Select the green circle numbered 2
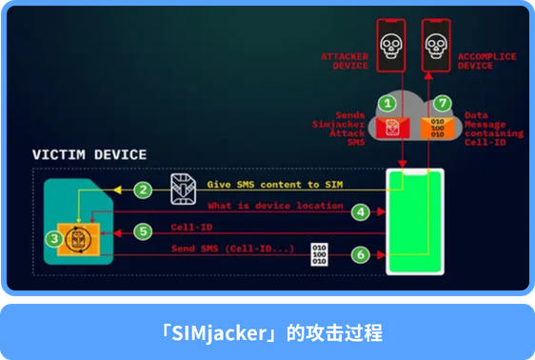click(x=143, y=190)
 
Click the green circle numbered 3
click(x=55, y=237)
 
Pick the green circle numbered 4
click(x=360, y=212)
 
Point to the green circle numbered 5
click(x=143, y=230)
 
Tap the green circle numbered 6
click(x=360, y=254)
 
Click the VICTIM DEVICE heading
click(x=89, y=154)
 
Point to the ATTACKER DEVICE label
click(x=344, y=61)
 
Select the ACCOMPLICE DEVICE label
click(x=486, y=61)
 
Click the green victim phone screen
click(x=415, y=221)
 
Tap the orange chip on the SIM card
click(x=84, y=237)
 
